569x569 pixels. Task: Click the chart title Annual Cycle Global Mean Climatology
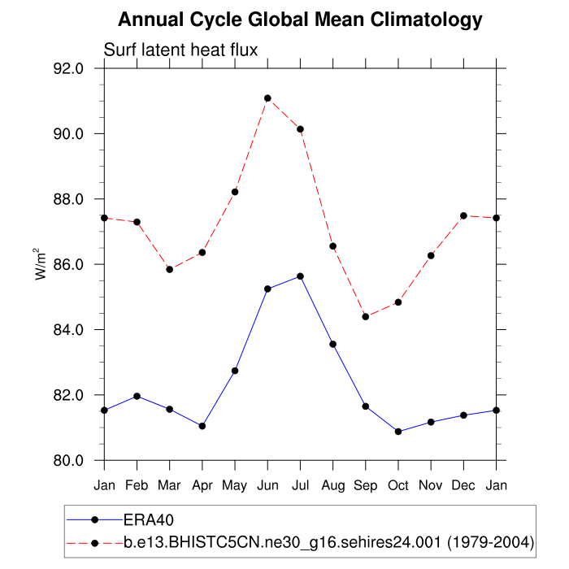tap(300, 20)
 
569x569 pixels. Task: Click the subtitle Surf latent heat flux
tap(180, 50)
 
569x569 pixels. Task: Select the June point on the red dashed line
tap(267, 98)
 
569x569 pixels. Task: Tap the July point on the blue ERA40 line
tap(300, 276)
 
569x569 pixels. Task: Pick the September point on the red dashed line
tap(366, 316)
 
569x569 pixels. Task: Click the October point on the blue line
tap(398, 432)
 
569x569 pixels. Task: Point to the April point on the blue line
tap(202, 426)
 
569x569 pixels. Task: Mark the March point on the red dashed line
tap(169, 269)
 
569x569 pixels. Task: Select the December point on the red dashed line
tap(463, 215)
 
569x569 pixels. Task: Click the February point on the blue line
tap(137, 396)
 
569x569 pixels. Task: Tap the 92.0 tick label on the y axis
tap(67, 69)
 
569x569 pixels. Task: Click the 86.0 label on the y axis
tap(67, 265)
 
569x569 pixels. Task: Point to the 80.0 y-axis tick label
tap(67, 461)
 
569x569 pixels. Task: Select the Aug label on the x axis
tap(332, 485)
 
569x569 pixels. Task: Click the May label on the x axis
tap(235, 485)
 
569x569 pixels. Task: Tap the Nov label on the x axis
tap(431, 485)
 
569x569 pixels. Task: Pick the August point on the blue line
tap(332, 344)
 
